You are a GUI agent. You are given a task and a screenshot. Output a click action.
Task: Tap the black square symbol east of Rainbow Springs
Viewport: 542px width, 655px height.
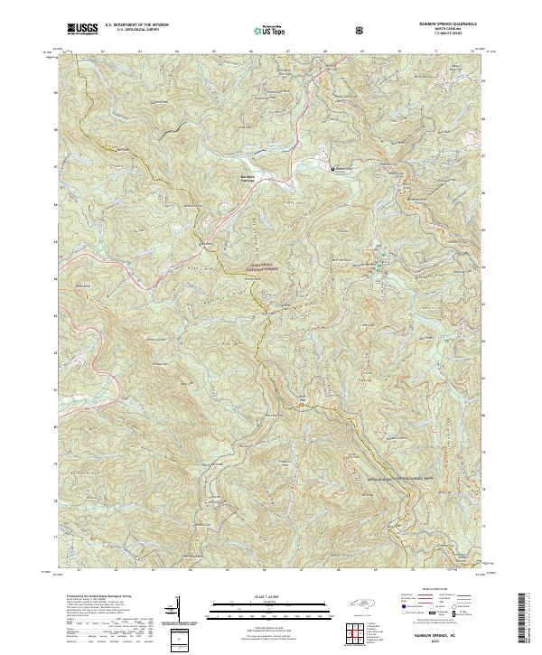coord(332,169)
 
